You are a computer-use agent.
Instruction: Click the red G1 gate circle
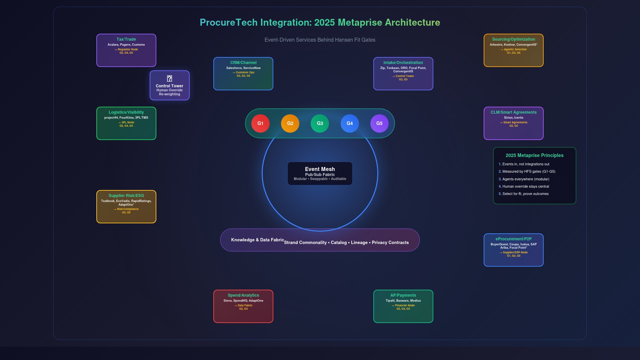pos(260,123)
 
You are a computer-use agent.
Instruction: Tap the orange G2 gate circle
pos(290,123)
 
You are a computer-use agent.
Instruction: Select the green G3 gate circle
pos(320,123)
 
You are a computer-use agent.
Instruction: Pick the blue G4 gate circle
pos(350,123)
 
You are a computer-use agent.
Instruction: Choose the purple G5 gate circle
pos(379,123)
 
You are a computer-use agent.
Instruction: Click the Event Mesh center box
pos(320,173)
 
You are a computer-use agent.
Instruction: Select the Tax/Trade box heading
pos(126,39)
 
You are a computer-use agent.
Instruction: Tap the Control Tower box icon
pos(169,79)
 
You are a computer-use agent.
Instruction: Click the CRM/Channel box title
pos(243,63)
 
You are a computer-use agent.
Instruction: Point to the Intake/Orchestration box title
pos(403,63)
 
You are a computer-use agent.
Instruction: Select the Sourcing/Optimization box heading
pos(513,39)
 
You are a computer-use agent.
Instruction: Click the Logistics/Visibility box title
pos(126,112)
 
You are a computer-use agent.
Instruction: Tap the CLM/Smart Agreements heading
pos(513,112)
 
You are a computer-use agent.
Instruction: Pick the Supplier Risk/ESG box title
pos(126,196)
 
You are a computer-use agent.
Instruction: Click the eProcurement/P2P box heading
pos(513,239)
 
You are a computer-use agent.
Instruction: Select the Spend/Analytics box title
pos(243,295)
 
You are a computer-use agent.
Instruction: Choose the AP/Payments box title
pos(403,295)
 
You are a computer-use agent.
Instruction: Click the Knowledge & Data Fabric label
pos(257,240)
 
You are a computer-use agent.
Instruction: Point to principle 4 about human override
pos(525,187)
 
